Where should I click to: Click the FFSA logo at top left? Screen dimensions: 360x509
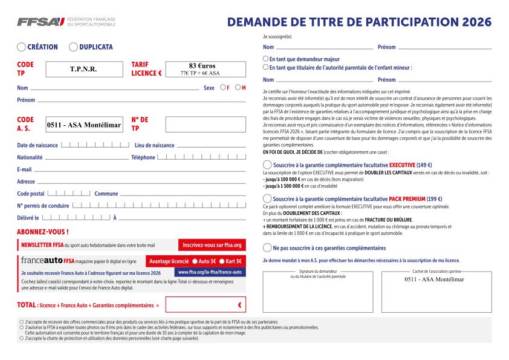(41, 22)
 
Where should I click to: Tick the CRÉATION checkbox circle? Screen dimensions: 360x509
(22, 47)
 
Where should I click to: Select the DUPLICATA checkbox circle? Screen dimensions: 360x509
(73, 47)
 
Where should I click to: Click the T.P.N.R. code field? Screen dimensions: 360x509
(83, 69)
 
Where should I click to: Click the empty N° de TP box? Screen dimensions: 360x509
(206, 124)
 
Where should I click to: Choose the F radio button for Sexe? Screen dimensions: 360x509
(223, 88)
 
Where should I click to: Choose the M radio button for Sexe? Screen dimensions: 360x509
(238, 88)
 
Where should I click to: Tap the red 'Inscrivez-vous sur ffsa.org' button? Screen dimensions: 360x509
(212, 245)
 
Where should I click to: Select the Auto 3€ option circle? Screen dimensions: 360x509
(195, 261)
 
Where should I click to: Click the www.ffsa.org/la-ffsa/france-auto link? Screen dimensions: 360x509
(210, 272)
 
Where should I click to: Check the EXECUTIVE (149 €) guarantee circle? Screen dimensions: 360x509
(267, 165)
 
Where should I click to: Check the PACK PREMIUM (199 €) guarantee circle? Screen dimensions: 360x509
(267, 198)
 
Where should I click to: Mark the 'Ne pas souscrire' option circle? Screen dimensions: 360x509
(267, 247)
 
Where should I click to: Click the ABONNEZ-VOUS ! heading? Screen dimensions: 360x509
(43, 232)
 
